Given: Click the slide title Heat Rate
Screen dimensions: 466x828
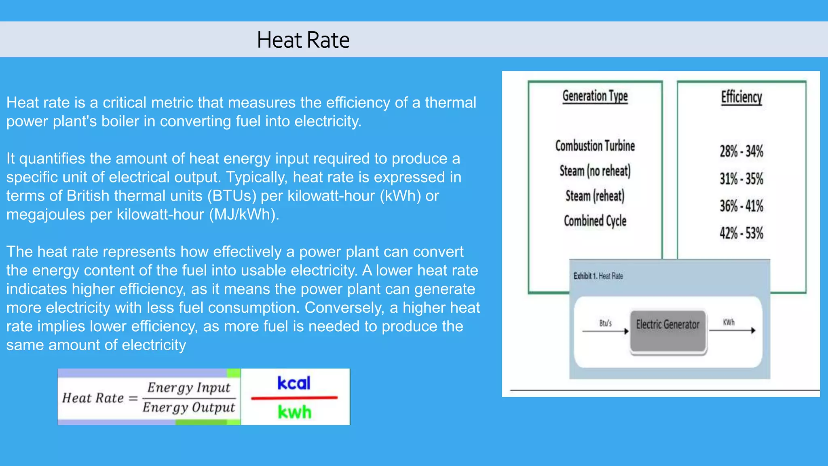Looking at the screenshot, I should point(303,40).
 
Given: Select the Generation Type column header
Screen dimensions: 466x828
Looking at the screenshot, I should point(595,96).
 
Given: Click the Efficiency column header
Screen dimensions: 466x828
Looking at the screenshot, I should point(741,97).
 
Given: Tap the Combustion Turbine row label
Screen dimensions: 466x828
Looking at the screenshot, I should point(595,146).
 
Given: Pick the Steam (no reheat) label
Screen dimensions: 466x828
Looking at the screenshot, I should point(595,171).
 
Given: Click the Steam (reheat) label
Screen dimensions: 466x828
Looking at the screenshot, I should point(595,196).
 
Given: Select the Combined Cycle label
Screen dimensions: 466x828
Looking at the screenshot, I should point(595,221).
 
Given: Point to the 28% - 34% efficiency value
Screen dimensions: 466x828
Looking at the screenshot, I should point(741,151).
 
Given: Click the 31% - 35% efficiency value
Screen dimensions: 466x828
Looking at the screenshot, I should point(741,178).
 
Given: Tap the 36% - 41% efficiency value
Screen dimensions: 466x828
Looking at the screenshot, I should point(741,206).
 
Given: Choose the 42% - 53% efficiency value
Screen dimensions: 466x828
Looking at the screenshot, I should point(741,233).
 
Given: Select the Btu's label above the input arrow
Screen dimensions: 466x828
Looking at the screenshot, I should point(605,323).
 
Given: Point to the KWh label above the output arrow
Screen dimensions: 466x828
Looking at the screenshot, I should point(729,322).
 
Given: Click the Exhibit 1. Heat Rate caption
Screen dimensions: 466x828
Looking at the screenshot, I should point(598,276).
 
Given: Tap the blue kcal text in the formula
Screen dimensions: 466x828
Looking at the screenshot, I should point(294,383).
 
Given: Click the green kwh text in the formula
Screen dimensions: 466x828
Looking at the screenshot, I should point(294,412).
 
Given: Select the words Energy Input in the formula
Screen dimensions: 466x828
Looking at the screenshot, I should point(189,388).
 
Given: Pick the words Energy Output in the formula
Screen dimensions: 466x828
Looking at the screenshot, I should point(188,407).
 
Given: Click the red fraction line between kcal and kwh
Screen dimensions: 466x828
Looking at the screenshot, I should point(294,398).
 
